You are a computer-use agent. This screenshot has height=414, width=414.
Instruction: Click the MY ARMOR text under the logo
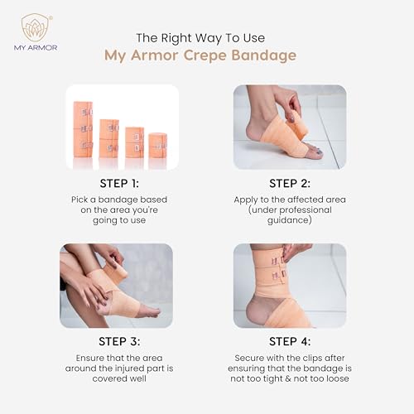click(34, 48)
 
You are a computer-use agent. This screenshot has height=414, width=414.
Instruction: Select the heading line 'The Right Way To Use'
click(206, 37)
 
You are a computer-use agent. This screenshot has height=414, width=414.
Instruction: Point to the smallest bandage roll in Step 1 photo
click(157, 145)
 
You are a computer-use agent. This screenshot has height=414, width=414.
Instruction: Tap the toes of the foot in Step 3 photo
click(151, 310)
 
